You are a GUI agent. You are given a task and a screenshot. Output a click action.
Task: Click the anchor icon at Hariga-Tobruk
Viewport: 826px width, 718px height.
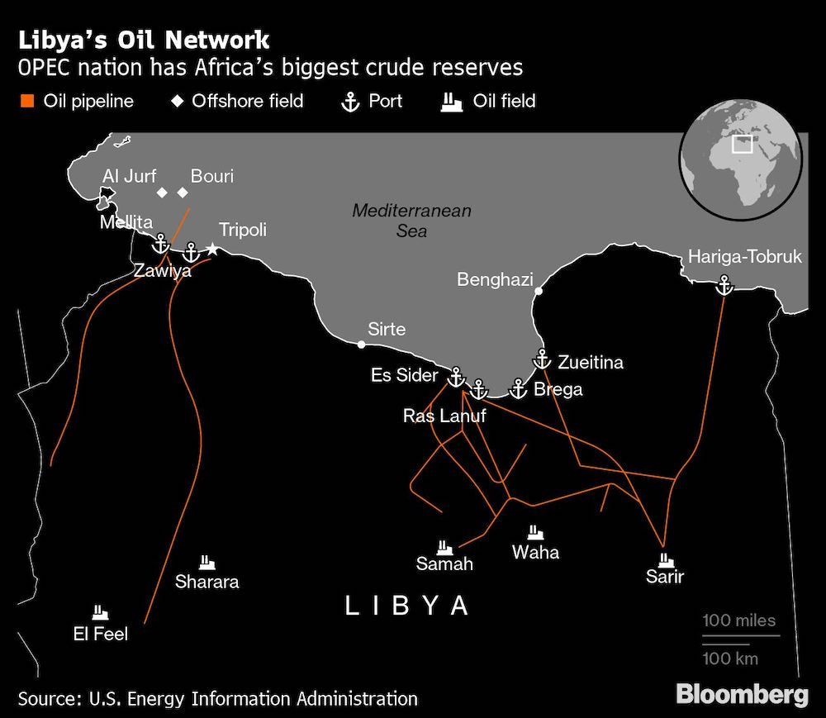(724, 285)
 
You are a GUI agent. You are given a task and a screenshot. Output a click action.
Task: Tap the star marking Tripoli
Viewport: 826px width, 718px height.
(212, 249)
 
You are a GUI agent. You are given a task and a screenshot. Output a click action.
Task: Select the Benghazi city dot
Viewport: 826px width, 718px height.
(538, 291)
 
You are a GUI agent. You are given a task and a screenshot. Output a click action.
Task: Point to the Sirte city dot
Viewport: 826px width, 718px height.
(361, 345)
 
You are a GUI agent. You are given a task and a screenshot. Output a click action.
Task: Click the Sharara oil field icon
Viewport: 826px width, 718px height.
(206, 562)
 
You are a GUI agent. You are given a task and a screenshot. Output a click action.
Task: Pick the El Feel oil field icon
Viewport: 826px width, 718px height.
(101, 613)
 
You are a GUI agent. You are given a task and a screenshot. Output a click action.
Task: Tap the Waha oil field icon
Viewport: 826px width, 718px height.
(535, 532)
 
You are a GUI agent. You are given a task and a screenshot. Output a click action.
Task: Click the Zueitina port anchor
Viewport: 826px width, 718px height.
(542, 359)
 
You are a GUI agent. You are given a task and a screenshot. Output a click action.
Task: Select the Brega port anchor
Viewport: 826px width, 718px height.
(518, 388)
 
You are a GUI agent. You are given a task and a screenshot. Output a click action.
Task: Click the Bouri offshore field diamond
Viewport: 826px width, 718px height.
(183, 193)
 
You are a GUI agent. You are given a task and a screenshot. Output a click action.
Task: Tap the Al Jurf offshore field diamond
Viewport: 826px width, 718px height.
(162, 193)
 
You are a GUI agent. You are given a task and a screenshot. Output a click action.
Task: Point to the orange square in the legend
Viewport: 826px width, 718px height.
(27, 102)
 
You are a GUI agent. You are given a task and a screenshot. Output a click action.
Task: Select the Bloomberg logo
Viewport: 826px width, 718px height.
(742, 694)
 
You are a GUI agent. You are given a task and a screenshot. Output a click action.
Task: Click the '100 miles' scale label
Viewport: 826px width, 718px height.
(739, 621)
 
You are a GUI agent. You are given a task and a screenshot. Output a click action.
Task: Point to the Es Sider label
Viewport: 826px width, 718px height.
(404, 375)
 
